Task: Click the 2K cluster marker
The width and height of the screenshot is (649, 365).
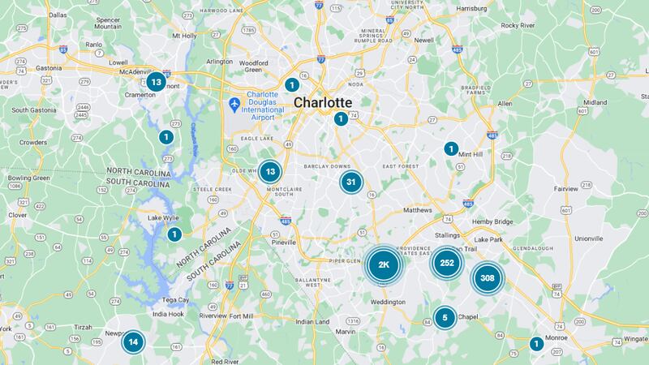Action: tap(385, 264)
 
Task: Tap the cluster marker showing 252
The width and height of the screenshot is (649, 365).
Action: tap(446, 263)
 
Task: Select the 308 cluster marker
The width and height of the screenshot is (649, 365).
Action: tap(487, 278)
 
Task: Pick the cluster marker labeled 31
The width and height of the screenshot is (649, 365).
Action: tap(350, 182)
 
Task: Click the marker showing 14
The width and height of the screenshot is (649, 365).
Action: tap(134, 341)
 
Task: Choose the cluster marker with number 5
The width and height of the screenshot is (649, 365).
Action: tap(445, 317)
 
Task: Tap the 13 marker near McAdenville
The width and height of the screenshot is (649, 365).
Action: tap(156, 82)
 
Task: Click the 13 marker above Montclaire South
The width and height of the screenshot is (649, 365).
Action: tap(270, 171)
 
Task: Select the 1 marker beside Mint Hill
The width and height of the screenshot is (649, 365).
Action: tap(451, 148)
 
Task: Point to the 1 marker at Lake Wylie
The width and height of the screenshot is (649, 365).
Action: tap(174, 234)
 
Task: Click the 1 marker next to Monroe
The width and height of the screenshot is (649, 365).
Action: tap(535, 344)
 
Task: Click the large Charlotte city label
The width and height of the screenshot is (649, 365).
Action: tap(323, 103)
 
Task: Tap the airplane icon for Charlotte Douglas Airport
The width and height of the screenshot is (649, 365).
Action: tap(234, 105)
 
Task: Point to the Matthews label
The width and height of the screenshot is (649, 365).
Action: tap(431, 210)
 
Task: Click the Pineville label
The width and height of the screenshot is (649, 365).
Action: tap(284, 242)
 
